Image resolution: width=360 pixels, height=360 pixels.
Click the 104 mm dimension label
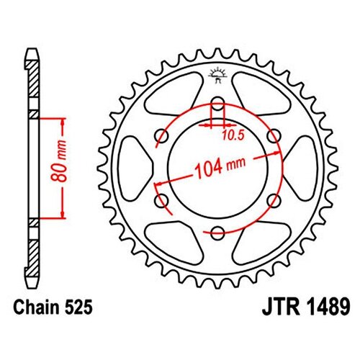220,167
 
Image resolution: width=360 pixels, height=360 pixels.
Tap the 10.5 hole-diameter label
233,135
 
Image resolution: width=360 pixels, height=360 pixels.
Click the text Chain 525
53,307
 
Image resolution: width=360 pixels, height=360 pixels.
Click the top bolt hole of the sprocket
217,104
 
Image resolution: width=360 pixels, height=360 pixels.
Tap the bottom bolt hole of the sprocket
217,233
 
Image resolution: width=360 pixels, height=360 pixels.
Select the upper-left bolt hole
161,136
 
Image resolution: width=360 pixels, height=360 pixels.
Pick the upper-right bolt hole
274,136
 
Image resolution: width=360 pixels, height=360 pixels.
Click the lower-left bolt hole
161,201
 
